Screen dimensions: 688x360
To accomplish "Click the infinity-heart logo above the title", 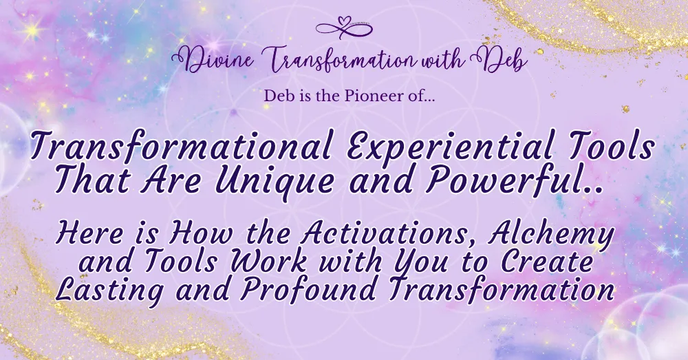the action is tap(344, 28).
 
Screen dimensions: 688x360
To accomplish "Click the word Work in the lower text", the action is tap(269, 262).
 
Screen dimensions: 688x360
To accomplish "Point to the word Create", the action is tap(547, 262).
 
